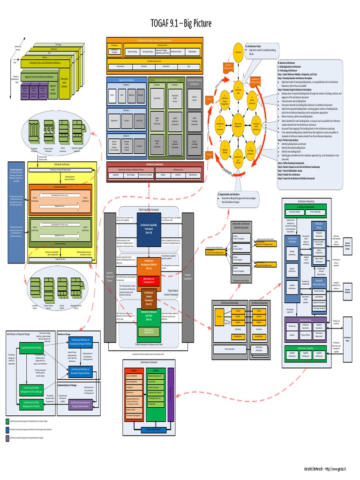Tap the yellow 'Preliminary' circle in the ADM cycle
tap(238, 53)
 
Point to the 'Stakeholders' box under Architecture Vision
tap(192, 52)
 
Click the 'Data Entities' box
tap(157, 98)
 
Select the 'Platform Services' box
tap(194, 98)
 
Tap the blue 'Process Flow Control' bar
tap(153, 429)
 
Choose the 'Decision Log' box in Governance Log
tap(292, 326)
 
